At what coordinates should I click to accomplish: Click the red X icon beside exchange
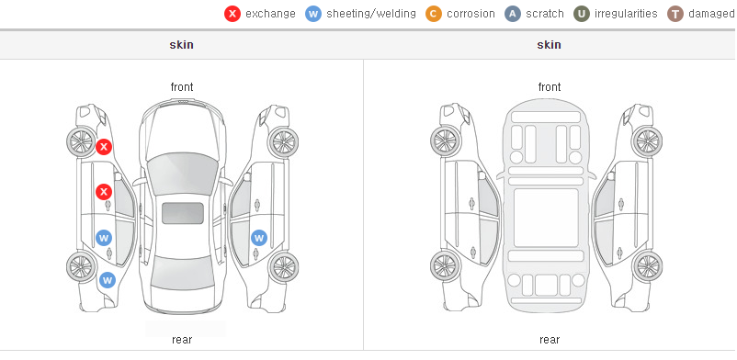tap(232, 14)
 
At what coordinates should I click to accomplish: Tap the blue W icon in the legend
tap(313, 14)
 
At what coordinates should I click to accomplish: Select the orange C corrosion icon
tap(434, 14)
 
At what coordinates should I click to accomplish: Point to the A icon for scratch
tap(513, 14)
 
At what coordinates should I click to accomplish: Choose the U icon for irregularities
tap(582, 14)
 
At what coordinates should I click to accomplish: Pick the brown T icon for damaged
tap(675, 14)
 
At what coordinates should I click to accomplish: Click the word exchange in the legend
tap(270, 14)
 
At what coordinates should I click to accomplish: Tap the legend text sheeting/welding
tap(371, 14)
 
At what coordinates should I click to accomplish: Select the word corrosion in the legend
tap(471, 14)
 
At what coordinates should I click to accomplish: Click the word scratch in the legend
tap(545, 14)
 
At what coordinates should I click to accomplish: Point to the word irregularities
tap(626, 14)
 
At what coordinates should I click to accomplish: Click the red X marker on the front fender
tap(104, 147)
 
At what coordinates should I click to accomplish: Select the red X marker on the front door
tap(104, 192)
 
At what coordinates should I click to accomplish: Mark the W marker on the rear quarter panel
tap(108, 281)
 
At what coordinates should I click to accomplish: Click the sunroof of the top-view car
tap(183, 213)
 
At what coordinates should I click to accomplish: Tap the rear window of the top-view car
tap(182, 277)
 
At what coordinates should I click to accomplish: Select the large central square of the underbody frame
tap(546, 218)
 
